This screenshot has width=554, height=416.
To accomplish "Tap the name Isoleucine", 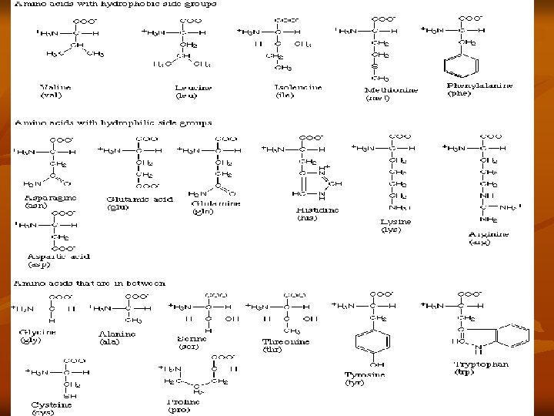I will point(298,88).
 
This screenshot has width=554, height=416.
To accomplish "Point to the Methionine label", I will point(391,90).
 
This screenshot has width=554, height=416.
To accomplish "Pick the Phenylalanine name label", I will point(479,86).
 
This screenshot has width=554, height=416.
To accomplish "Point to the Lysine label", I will point(395,222).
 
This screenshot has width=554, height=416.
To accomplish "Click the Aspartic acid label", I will point(54,256).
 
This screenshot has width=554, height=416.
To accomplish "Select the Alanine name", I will point(117,334).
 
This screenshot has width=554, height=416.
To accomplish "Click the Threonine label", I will point(285,341).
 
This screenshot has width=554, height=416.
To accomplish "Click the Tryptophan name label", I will point(481,364).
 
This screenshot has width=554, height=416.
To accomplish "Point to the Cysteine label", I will point(52,404).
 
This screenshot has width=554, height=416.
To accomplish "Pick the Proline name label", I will point(185,401).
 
